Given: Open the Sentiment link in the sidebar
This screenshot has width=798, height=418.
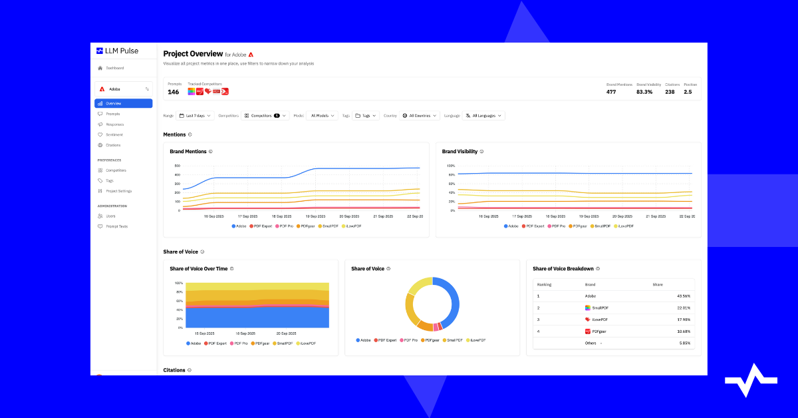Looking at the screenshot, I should (x=114, y=134).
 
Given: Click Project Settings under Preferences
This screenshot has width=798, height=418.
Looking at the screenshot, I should (x=118, y=191).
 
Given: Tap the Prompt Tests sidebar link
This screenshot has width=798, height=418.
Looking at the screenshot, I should (x=116, y=226).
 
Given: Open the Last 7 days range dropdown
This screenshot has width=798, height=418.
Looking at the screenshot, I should (x=195, y=116).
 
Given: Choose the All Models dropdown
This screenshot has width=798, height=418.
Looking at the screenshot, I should (x=322, y=116).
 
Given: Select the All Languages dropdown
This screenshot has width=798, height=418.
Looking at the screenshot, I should (x=483, y=116).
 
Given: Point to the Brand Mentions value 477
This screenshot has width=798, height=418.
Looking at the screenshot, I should (x=611, y=92).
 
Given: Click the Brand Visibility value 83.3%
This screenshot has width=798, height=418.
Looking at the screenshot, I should (x=644, y=92).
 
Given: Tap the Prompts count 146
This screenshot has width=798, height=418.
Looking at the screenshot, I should (x=173, y=92).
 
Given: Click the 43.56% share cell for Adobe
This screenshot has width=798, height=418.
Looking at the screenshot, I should (x=683, y=296).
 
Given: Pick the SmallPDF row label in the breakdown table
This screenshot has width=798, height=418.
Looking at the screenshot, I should (x=600, y=308).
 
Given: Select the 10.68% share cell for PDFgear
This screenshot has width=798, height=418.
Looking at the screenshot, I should (x=683, y=331).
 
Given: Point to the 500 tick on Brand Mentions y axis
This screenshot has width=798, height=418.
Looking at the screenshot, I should (x=178, y=166).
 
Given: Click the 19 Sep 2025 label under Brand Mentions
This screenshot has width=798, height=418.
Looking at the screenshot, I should (x=315, y=216).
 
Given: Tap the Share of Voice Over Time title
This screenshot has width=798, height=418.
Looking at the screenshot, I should (x=199, y=269).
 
